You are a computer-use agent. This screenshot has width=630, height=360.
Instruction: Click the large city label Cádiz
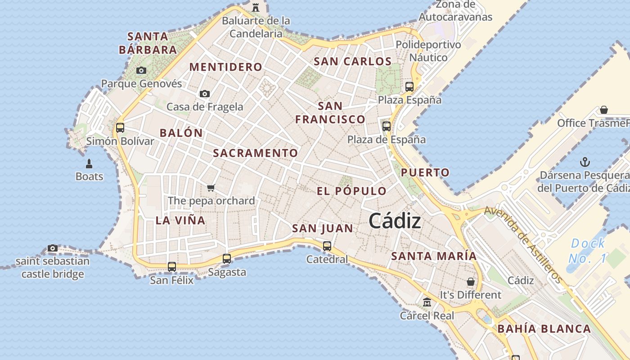tap(395, 221)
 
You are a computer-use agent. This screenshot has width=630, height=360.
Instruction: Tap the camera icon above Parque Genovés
tap(141, 71)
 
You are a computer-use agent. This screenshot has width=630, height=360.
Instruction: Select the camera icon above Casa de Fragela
tap(205, 94)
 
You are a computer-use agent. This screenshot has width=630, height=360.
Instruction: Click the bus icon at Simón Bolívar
tap(120, 127)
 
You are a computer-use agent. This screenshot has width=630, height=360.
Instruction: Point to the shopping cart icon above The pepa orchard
tap(211, 188)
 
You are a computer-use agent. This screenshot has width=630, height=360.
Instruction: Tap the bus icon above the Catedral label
tap(327, 246)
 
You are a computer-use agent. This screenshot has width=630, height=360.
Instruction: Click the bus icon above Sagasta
tap(227, 259)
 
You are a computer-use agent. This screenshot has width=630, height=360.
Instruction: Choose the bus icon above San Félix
tap(172, 267)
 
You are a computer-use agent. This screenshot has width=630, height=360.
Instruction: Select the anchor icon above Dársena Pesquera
tap(585, 162)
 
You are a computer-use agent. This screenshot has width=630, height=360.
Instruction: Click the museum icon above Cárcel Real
tap(427, 302)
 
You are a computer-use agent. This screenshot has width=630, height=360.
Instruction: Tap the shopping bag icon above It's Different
tap(471, 282)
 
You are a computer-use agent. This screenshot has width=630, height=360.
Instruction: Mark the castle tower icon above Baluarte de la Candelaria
tap(256, 7)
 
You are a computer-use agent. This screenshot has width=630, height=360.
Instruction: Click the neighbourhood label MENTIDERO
tap(225, 67)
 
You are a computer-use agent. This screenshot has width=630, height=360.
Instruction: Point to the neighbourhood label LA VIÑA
tap(180, 220)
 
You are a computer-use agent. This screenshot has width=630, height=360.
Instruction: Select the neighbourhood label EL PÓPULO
tap(351, 191)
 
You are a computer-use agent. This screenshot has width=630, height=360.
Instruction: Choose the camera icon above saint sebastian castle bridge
tap(53, 248)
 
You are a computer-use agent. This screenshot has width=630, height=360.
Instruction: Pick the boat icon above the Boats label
tap(89, 163)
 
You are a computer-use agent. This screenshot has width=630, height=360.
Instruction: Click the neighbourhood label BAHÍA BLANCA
tap(544, 329)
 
